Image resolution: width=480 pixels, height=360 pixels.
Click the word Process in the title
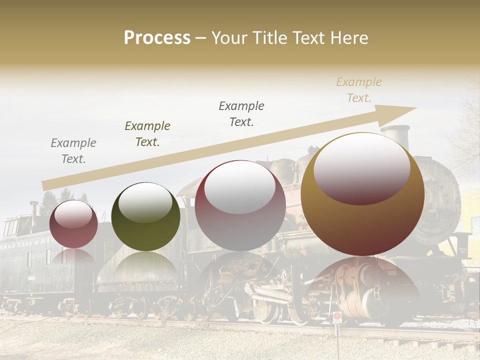[157, 38]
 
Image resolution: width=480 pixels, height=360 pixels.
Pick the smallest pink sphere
[73, 224]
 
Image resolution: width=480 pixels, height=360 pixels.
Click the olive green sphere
[145, 216]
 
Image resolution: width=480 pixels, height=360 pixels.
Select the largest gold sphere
[362, 194]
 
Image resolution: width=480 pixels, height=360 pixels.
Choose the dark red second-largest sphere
[240, 205]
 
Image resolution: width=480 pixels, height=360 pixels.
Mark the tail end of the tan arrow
[44, 185]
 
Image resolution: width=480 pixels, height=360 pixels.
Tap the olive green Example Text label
[147, 134]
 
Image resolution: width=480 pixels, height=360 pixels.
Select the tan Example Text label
[359, 90]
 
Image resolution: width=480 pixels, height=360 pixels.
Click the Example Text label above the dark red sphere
[241, 113]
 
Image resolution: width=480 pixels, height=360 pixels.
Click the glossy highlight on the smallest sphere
[73, 214]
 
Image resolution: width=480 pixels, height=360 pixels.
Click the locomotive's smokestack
[394, 137]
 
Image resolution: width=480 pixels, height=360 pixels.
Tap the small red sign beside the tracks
[337, 316]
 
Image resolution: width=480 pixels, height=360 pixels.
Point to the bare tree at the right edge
[467, 130]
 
